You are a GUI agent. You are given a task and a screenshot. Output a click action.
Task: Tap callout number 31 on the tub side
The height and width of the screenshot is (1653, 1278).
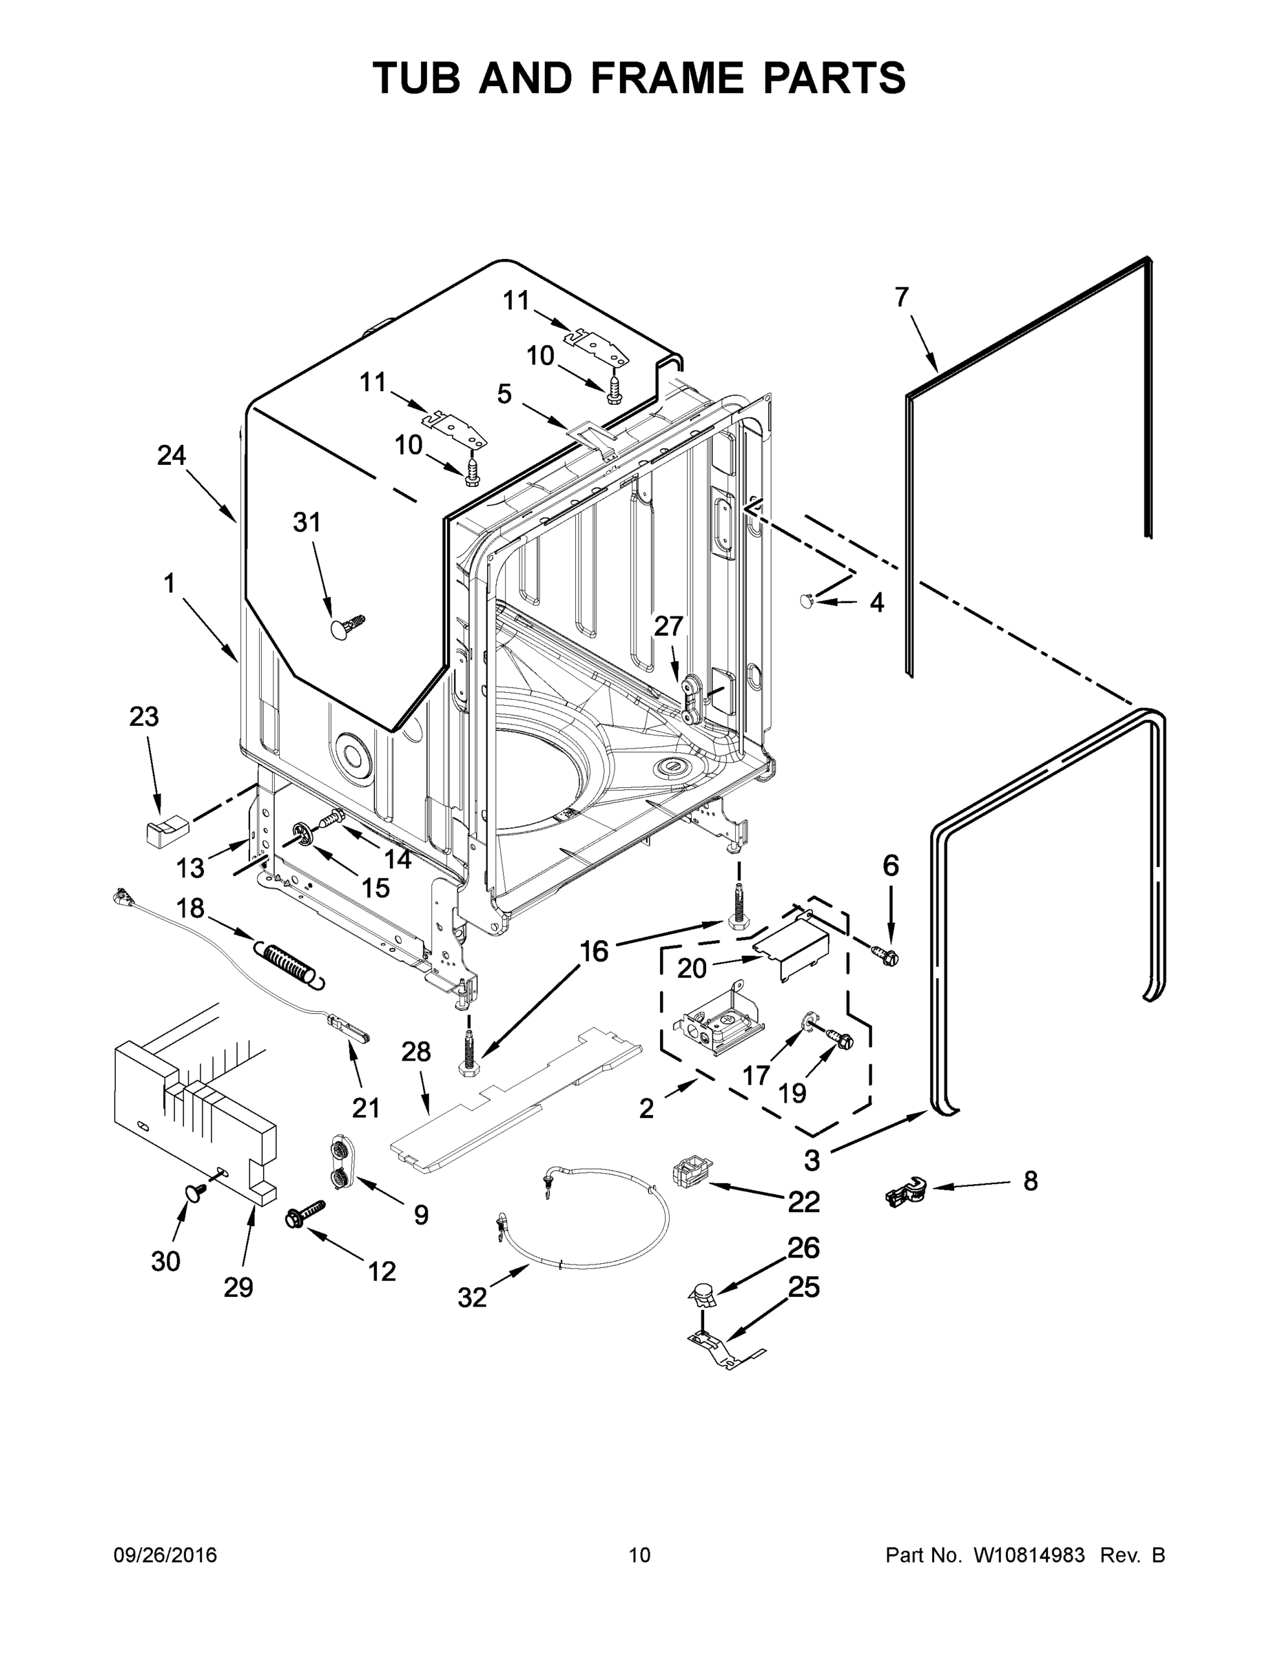(x=307, y=522)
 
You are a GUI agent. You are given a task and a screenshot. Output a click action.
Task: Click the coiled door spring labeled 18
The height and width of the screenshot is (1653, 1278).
(x=289, y=963)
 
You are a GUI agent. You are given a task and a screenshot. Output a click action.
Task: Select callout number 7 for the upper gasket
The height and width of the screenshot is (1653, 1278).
(x=901, y=298)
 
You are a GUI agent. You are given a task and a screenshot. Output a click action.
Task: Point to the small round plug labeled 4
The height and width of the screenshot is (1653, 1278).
(x=807, y=600)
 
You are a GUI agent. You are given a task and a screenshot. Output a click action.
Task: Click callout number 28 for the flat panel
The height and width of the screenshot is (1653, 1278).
(x=416, y=1051)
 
